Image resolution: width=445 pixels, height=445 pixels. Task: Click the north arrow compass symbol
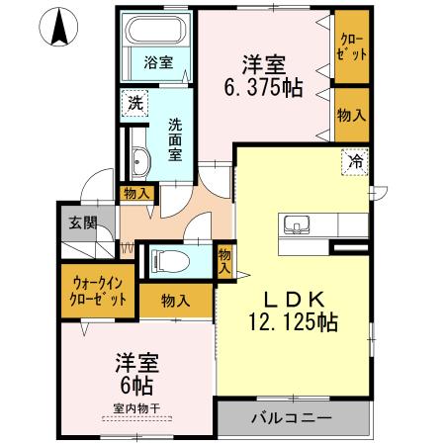(x=58, y=26)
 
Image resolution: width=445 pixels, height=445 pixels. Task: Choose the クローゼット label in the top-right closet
(x=352, y=46)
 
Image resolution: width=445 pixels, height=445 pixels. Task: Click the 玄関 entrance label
(x=80, y=222)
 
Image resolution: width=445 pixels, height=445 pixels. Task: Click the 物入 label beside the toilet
(x=225, y=261)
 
